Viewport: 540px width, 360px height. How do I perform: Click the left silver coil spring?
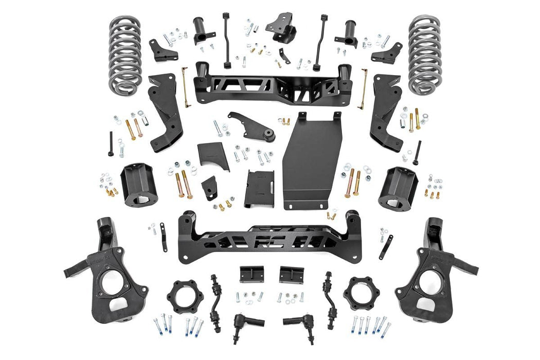click(124, 55)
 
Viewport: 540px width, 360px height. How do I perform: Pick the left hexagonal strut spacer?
click(184, 297)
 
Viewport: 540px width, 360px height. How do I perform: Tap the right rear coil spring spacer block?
click(398, 188)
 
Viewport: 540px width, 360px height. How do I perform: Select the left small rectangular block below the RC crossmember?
click(251, 274)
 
